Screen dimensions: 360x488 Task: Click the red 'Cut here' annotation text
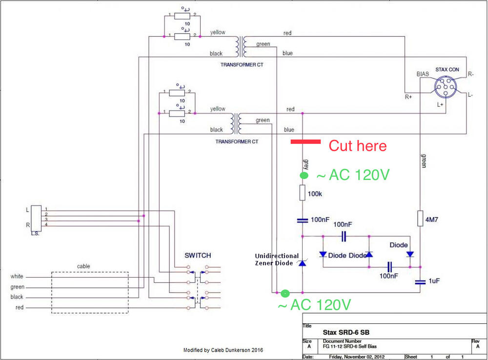(x=357, y=146)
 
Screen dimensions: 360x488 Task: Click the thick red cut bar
(x=305, y=141)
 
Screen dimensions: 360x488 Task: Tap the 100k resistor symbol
(x=303, y=193)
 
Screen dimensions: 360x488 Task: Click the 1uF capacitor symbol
(x=420, y=281)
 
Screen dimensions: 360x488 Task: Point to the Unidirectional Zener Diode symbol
(x=303, y=263)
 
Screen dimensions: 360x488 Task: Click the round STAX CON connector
(x=447, y=88)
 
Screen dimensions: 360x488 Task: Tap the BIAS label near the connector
(x=423, y=74)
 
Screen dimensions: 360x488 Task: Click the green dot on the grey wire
(x=304, y=175)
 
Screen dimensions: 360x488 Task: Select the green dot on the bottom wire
(x=285, y=293)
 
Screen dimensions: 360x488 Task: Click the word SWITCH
(x=198, y=255)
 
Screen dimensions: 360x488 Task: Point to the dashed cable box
(x=90, y=292)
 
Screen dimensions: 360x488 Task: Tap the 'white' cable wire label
(x=17, y=277)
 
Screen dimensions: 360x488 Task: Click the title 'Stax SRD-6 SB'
(x=346, y=332)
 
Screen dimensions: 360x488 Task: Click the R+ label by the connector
(x=408, y=97)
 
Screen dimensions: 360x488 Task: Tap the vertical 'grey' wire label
(x=306, y=163)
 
